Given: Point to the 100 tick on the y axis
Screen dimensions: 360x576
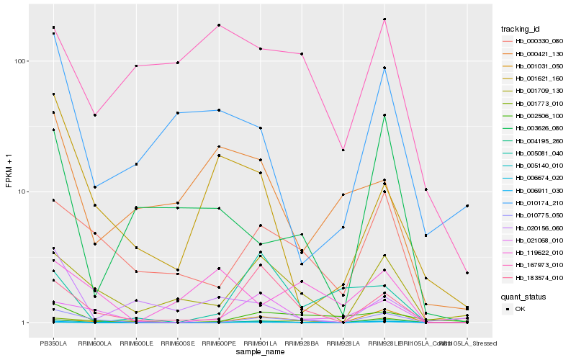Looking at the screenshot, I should click(22, 61).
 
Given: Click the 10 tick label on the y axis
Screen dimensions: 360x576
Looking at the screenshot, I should click(24, 192).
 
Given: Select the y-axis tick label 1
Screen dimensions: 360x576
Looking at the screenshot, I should click(26, 323).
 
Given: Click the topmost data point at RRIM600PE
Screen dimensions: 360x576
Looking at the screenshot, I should click(219, 25).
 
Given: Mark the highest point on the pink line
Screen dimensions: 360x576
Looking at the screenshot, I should click(384, 19).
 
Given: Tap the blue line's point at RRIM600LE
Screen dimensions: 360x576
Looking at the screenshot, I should click(136, 164).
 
